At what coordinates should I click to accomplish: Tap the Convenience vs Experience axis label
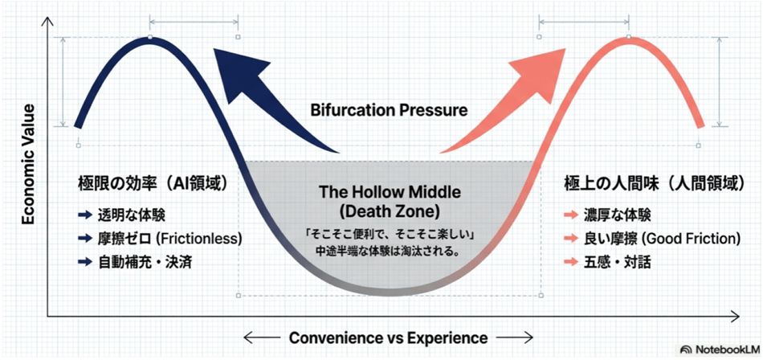tap(388, 337)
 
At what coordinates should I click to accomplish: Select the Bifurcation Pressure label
tap(389, 111)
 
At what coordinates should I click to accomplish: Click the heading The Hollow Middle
tap(389, 192)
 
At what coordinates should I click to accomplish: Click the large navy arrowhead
tap(241, 71)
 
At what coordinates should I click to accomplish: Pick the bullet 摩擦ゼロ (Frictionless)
tap(169, 238)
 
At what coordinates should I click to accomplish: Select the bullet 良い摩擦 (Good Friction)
tap(663, 238)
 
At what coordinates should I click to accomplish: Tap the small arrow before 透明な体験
tap(84, 215)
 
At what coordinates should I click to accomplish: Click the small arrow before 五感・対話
tap(571, 263)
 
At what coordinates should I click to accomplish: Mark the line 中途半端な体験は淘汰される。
tap(389, 253)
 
